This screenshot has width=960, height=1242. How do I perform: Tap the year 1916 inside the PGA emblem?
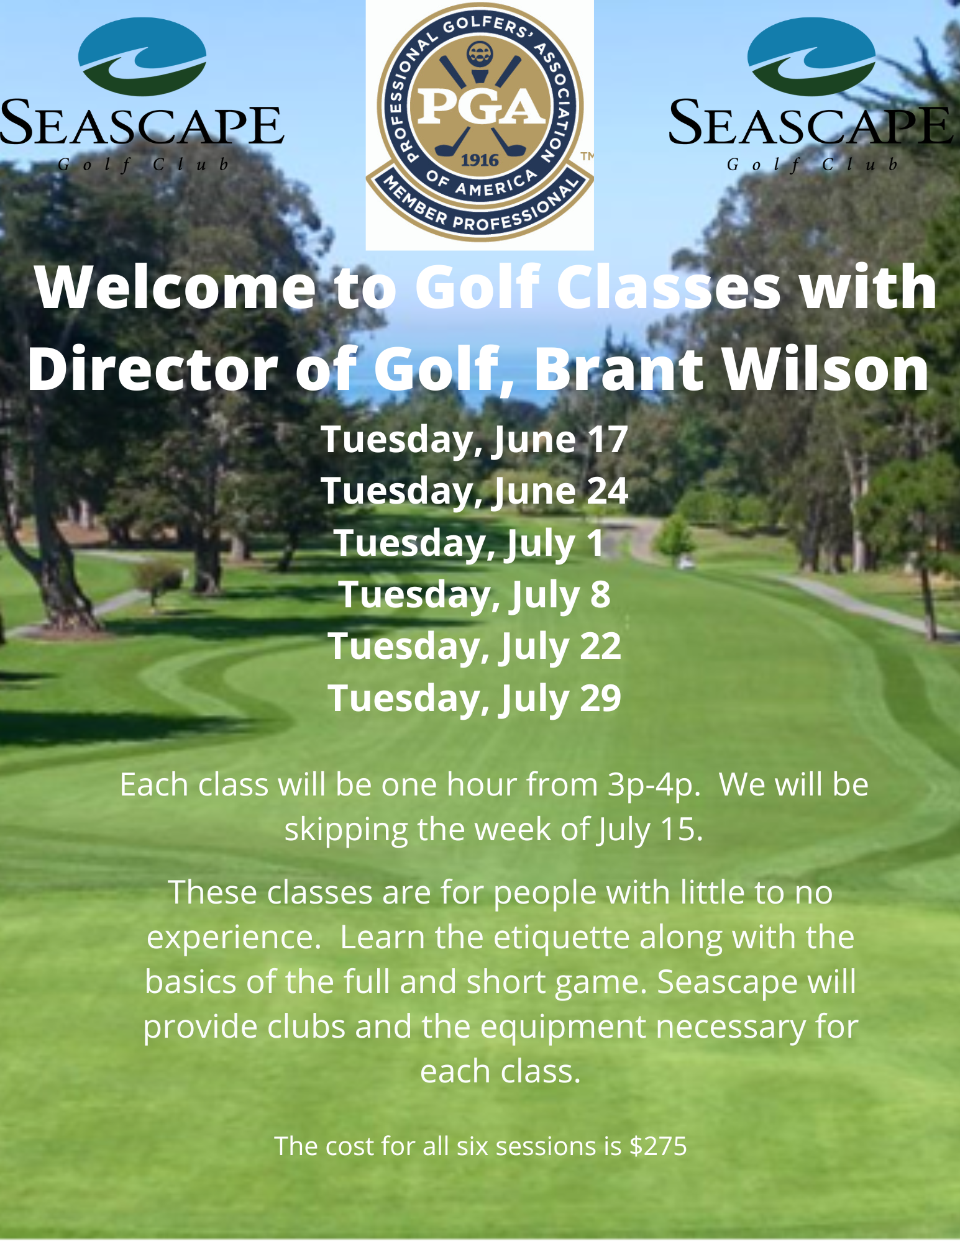pos(480,160)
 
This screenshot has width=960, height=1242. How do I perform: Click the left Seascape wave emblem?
pos(142,57)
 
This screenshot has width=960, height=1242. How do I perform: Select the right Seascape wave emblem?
pos(811,57)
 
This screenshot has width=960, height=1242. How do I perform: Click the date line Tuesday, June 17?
pos(475,440)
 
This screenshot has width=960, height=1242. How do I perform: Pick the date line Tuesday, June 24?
pos(475,491)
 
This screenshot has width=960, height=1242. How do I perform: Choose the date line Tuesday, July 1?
pos(469,543)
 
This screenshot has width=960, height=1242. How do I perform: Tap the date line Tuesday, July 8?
pos(475,595)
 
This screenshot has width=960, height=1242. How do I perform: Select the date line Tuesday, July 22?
pos(475,646)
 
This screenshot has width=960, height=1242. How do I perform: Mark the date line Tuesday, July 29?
pos(475,699)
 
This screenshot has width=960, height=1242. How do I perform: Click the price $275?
pos(658,1146)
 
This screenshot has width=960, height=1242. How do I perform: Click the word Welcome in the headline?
pos(176,288)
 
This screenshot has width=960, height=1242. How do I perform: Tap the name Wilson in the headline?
pos(826,370)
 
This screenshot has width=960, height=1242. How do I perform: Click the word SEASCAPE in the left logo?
pos(142,123)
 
